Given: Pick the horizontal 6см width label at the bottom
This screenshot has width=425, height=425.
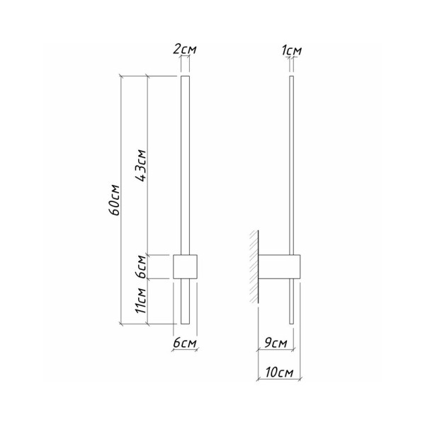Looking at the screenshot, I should tap(185, 343).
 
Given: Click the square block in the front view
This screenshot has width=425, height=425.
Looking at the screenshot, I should tap(186, 266).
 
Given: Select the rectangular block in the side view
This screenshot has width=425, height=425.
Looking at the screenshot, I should tap(280, 266).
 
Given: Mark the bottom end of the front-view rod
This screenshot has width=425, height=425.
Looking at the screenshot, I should tap(186, 323).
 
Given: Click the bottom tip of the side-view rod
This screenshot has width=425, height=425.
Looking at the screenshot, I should tap(291, 323).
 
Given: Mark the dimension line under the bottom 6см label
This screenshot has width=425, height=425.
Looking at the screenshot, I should tap(186, 351).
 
